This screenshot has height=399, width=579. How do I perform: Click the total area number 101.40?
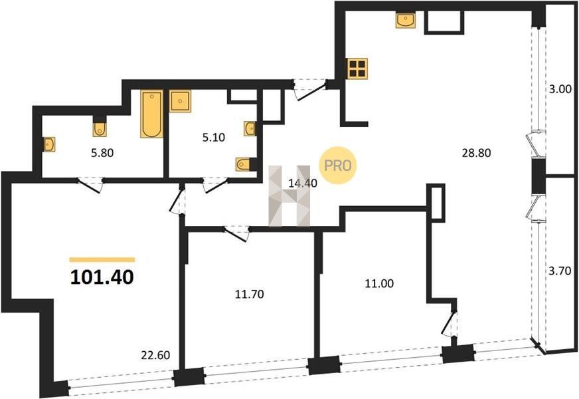(102, 277)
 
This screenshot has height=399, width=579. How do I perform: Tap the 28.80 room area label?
(476, 153)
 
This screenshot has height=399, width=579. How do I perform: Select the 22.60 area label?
(155, 355)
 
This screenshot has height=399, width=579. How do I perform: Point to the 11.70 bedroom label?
(250, 295)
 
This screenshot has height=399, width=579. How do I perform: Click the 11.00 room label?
(379, 283)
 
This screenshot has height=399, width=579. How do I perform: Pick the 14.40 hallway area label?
(303, 183)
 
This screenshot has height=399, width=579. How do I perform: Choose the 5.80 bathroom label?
(102, 152)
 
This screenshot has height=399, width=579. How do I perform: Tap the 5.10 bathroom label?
(213, 138)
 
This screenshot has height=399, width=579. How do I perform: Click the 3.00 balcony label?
(560, 88)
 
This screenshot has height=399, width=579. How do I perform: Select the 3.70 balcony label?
(560, 271)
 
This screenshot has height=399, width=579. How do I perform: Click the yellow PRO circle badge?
(337, 166)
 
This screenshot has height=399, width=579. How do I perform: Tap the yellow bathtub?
(151, 114)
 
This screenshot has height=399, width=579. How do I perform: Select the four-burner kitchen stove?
(357, 68)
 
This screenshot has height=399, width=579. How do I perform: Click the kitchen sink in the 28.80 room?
(406, 19)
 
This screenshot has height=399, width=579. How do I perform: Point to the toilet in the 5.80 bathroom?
(100, 127)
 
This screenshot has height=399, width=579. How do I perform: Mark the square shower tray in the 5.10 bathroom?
(180, 101)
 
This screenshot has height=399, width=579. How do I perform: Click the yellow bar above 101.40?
(102, 259)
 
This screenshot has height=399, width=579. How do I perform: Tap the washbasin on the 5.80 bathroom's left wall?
(49, 144)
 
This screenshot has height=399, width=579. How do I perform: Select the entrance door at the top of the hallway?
(311, 90)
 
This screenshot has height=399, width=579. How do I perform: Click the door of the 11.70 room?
(236, 233)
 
